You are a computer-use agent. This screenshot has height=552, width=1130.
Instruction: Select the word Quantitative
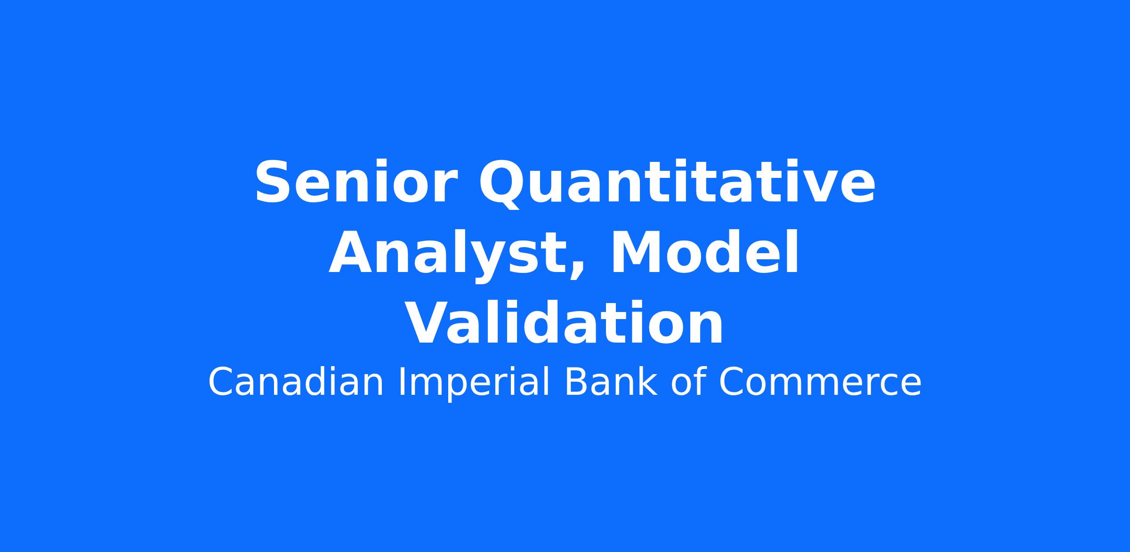pos(677,184)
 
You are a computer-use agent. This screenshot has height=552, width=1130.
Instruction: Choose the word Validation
pos(564,323)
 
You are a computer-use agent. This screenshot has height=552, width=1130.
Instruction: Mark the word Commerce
pos(820,382)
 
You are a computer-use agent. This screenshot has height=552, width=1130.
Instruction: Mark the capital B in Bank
pos(575,382)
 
